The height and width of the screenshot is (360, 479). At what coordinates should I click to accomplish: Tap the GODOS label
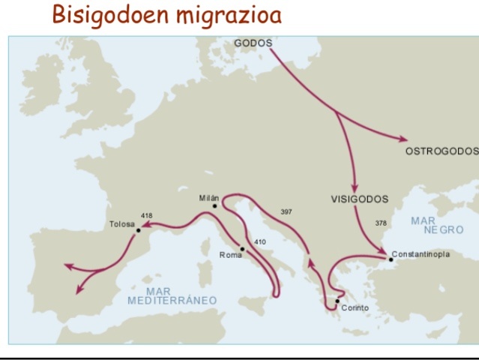pos(253,43)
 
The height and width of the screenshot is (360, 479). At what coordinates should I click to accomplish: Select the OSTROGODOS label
pos(441,151)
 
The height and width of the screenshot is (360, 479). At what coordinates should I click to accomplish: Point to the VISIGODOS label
pos(360,199)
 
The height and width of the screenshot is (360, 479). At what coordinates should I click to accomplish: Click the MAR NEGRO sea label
pos(437,226)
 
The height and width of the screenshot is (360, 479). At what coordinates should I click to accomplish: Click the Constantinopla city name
pos(421,254)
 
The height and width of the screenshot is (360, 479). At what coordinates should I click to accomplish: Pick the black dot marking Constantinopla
pos(391,259)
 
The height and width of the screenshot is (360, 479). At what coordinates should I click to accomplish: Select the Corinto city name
pos(355,308)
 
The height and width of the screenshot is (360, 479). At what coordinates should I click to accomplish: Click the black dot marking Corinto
pos(338,301)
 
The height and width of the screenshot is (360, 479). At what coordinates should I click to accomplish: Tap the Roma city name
pos(231,256)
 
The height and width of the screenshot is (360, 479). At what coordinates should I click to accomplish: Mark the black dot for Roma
pos(242,248)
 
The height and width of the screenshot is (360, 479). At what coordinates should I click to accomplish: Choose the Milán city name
pos(209,198)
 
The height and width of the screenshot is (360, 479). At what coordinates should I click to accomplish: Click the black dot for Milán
pos(215,205)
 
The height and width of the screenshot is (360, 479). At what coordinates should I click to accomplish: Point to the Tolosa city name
pos(121,223)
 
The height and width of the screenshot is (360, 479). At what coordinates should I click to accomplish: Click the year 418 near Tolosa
pos(146,215)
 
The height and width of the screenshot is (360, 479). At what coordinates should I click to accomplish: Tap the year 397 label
pos(286,211)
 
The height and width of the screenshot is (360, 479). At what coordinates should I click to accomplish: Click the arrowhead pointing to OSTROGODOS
pos(404,139)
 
